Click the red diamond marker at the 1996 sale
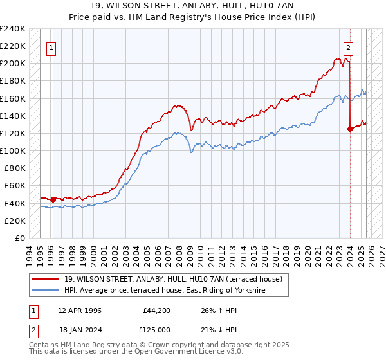coord(53,199)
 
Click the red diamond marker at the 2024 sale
coord(350,129)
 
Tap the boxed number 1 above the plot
coord(51,47)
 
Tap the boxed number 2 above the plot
coord(348,47)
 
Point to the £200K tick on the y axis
coord(13,64)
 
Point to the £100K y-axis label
coord(13,150)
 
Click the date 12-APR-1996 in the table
coord(80,310)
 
